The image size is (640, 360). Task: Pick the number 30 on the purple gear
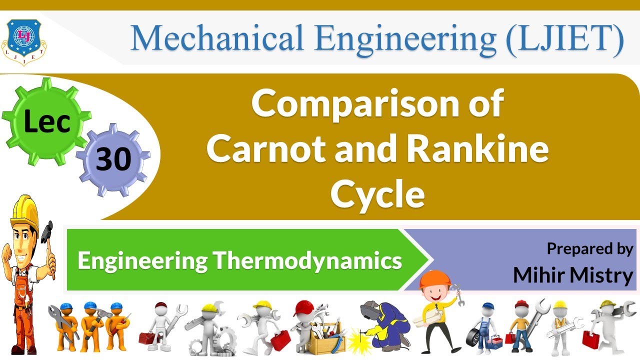click(113, 159)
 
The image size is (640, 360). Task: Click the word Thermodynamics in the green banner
click(307, 260)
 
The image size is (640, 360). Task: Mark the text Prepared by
click(590, 248)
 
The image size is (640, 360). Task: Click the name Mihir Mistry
click(573, 275)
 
